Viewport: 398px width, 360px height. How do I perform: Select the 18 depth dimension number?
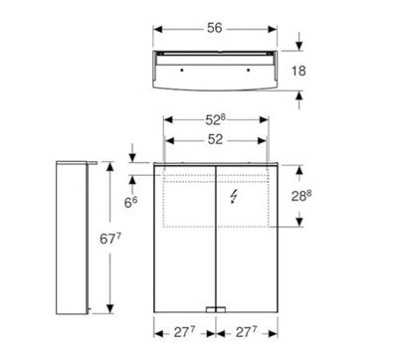click(x=311, y=71)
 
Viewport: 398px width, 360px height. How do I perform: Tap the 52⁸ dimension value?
click(x=215, y=120)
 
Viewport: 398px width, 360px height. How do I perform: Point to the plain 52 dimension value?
click(x=214, y=140)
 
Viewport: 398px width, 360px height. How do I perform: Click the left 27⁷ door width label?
click(x=179, y=331)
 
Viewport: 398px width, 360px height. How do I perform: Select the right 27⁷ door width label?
click(x=249, y=331)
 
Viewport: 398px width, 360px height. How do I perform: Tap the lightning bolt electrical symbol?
click(x=234, y=198)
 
